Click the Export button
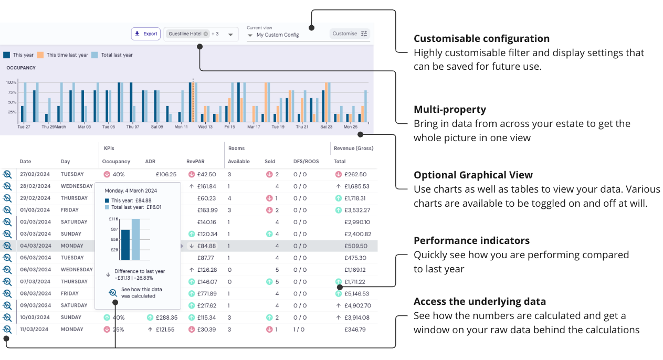pyautogui.click(x=146, y=34)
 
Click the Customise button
pyautogui.click(x=350, y=34)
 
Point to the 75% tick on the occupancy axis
pyautogui.click(x=12, y=92)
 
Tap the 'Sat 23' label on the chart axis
pyautogui.click(x=326, y=126)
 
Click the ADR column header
pyautogui.click(x=150, y=162)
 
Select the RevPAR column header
pyautogui.click(x=195, y=162)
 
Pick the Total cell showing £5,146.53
pyautogui.click(x=356, y=294)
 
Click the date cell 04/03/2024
pyautogui.click(x=35, y=246)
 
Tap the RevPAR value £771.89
pyautogui.click(x=206, y=294)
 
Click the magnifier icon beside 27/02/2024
pyautogui.click(x=7, y=174)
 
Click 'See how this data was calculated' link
pyautogui.click(x=141, y=292)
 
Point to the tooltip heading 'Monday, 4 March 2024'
pyautogui.click(x=131, y=190)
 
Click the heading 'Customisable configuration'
pyautogui.click(x=481, y=38)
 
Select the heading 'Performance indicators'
pyautogui.click(x=471, y=241)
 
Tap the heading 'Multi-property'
pyautogui.click(x=449, y=110)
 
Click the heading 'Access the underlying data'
pyautogui.click(x=479, y=302)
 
